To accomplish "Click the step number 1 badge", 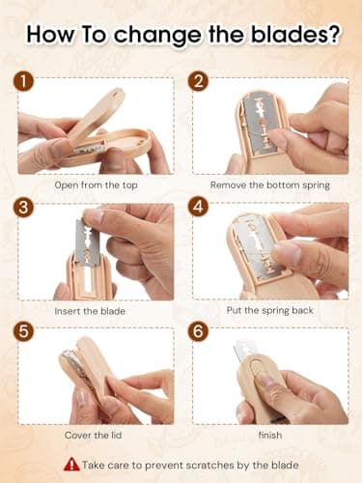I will (23, 83).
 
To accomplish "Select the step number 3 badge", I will (23, 207).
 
